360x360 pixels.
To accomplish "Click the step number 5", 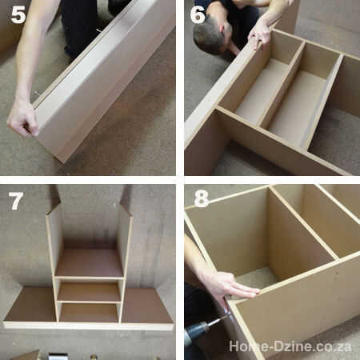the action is [x=18, y=14].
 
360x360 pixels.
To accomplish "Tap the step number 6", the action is [x=198, y=14].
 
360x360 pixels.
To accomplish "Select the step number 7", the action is [x=16, y=201].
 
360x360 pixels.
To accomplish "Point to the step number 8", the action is [x=201, y=198].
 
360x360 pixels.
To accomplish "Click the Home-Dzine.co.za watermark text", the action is [x=290, y=346].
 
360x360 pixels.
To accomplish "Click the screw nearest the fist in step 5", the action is [x=36, y=93].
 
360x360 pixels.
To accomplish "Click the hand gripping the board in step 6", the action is [x=259, y=34].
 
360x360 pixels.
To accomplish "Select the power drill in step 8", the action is [x=199, y=330].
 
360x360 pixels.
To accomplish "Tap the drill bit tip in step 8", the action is [x=228, y=315].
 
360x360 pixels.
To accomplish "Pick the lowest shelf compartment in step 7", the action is [x=89, y=313].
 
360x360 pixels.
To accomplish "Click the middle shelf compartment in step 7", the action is [x=89, y=292].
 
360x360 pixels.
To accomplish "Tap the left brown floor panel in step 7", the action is [x=31, y=304].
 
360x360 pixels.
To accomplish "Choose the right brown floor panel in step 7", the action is [x=146, y=306].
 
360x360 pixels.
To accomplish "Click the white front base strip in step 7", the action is [x=89, y=326].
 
